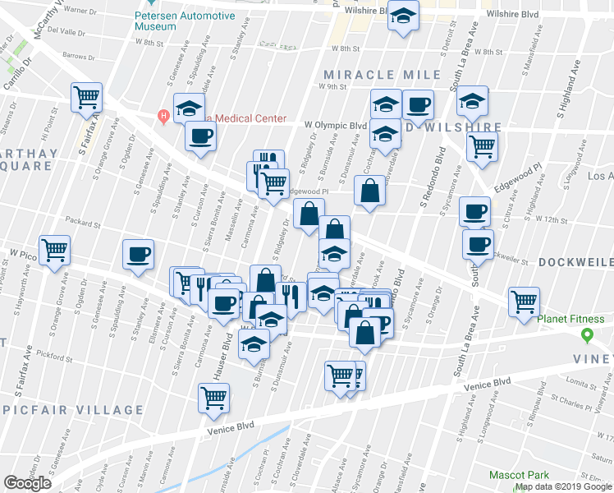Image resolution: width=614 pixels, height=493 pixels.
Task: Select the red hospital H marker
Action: (164, 114)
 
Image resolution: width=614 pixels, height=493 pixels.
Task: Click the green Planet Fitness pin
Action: (586, 335)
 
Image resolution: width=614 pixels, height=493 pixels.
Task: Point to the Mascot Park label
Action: (519, 475)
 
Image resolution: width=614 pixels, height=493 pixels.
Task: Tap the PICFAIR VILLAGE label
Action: (82, 409)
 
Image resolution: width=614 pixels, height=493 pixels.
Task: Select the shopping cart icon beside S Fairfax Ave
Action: (86, 97)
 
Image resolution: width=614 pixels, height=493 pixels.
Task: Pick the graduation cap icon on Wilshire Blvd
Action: (403, 16)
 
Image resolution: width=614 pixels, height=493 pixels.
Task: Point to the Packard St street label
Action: (83, 223)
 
